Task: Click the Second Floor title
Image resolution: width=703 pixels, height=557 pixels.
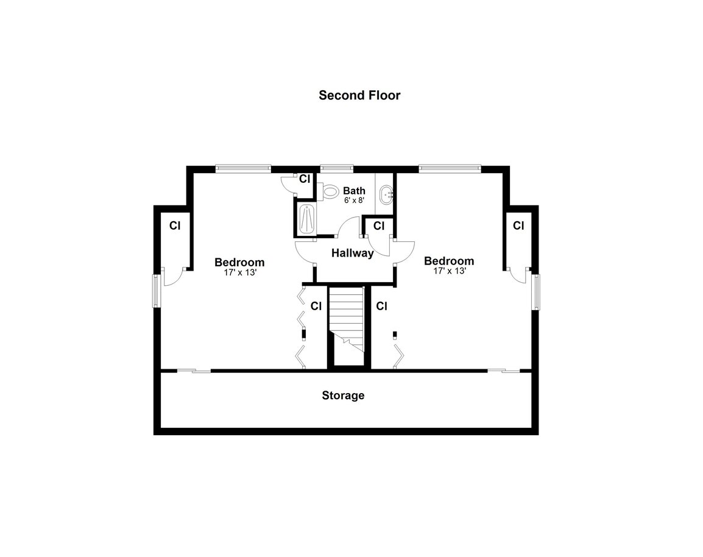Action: (x=359, y=95)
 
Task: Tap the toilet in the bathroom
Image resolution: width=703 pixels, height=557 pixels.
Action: (x=328, y=191)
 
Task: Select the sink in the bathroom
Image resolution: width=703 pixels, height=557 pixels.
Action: (x=386, y=195)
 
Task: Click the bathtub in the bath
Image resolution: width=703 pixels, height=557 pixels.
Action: (x=307, y=219)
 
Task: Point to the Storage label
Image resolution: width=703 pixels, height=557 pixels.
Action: (x=343, y=396)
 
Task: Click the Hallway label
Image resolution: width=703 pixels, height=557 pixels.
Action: (x=352, y=254)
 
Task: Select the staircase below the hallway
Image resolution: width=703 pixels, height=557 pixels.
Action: (x=345, y=325)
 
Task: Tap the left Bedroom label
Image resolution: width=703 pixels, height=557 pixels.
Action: (x=239, y=262)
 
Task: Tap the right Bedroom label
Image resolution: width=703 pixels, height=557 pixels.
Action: (x=449, y=261)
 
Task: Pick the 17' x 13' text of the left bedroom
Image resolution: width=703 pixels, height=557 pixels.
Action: (x=240, y=272)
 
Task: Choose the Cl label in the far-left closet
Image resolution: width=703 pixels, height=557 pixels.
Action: (x=175, y=225)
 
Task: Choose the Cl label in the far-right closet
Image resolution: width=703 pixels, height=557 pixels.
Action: (x=519, y=225)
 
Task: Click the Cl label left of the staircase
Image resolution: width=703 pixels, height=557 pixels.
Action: (x=316, y=306)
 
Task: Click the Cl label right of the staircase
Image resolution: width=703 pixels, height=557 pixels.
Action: (x=381, y=306)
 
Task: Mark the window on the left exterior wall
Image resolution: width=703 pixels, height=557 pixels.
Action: (x=157, y=291)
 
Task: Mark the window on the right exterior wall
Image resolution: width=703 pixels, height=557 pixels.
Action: (x=535, y=292)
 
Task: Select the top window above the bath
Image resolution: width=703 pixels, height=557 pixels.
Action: (x=337, y=169)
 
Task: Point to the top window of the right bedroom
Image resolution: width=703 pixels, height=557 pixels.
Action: (x=450, y=169)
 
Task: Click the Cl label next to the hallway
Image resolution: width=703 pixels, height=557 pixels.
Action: (x=379, y=225)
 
